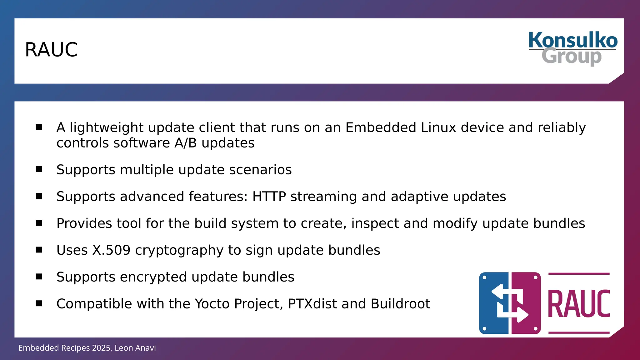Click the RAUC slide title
(x=51, y=50)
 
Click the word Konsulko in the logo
(x=573, y=40)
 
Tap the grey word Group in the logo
(x=572, y=57)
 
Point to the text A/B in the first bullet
(x=186, y=143)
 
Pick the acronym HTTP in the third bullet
(x=269, y=197)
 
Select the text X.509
(x=111, y=250)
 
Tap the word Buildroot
(x=400, y=304)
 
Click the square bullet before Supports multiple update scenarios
(x=39, y=169)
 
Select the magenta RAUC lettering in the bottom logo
(x=579, y=303)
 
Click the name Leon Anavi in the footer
(x=135, y=348)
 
